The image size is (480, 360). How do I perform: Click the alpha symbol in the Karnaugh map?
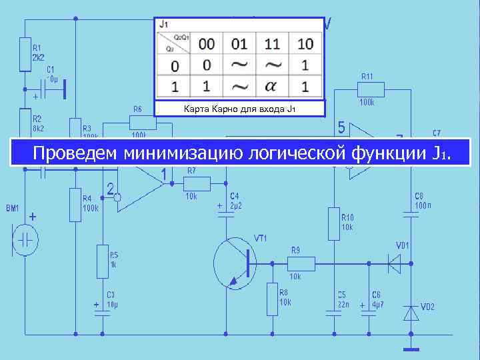272,87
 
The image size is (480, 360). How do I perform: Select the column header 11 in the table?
272,44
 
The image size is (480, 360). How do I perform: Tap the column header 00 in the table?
207,44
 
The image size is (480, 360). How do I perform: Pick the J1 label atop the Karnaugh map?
164,24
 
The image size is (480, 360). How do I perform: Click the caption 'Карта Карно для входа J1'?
239,109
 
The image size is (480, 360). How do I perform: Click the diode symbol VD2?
411,312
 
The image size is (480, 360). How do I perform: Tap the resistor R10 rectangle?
334,223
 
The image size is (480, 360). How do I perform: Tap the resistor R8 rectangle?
272,298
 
